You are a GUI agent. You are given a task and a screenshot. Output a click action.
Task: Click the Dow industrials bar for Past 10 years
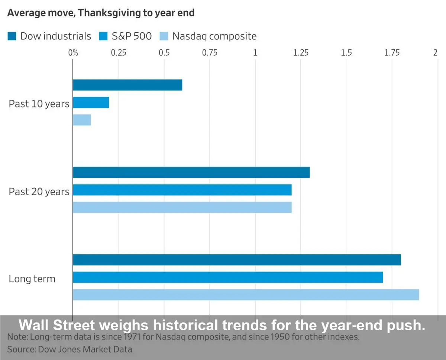(127, 85)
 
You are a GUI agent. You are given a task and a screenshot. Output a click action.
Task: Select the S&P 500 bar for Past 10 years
(91, 103)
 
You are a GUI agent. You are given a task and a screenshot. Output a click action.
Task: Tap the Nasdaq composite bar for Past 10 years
(82, 120)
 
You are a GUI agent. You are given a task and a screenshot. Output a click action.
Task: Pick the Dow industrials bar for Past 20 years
(191, 173)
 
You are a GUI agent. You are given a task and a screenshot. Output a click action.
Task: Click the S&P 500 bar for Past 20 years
(182, 190)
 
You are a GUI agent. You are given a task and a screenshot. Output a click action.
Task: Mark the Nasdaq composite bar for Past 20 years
(182, 208)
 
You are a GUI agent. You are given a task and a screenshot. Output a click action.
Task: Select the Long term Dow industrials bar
(237, 260)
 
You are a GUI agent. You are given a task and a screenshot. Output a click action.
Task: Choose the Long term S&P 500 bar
(228, 277)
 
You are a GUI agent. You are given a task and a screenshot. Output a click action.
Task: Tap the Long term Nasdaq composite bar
(246, 295)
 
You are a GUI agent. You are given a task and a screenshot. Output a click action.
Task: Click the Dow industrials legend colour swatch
(12, 36)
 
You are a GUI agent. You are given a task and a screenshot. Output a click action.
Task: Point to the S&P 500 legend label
(132, 36)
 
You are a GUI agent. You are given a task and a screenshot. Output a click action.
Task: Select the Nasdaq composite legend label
(214, 36)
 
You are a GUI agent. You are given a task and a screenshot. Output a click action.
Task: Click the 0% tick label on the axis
(73, 53)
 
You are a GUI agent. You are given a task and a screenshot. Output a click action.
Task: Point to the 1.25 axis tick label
(301, 53)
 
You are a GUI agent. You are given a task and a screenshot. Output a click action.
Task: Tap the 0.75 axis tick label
(210, 53)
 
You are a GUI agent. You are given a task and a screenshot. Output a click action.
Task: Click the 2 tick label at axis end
(435, 53)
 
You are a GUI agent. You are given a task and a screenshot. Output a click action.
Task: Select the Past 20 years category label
(39, 192)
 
